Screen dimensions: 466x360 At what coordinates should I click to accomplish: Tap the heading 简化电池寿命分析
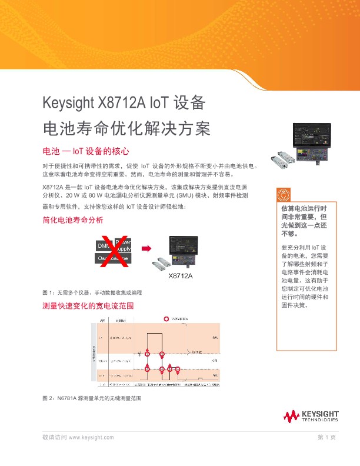[73, 220]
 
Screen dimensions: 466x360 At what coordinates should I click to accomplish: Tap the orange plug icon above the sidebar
[285, 194]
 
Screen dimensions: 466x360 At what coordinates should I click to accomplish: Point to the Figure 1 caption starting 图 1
[92, 292]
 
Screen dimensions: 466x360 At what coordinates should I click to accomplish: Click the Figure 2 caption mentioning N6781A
[93, 398]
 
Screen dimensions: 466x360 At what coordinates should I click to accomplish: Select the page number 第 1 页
[326, 438]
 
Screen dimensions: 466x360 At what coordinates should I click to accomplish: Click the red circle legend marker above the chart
[166, 319]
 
